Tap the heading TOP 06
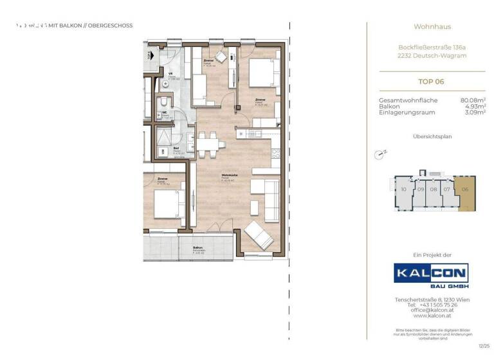pyautogui.click(x=430, y=82)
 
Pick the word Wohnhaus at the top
pyautogui.click(x=432, y=27)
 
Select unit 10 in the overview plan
pyautogui.click(x=403, y=190)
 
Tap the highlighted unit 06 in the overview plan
pyautogui.click(x=464, y=190)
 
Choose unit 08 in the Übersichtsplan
pyautogui.click(x=434, y=190)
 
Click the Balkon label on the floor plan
pyautogui.click(x=198, y=249)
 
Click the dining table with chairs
pyautogui.click(x=208, y=143)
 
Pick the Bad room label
pyautogui.click(x=176, y=148)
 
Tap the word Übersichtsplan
pyautogui.click(x=430, y=137)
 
